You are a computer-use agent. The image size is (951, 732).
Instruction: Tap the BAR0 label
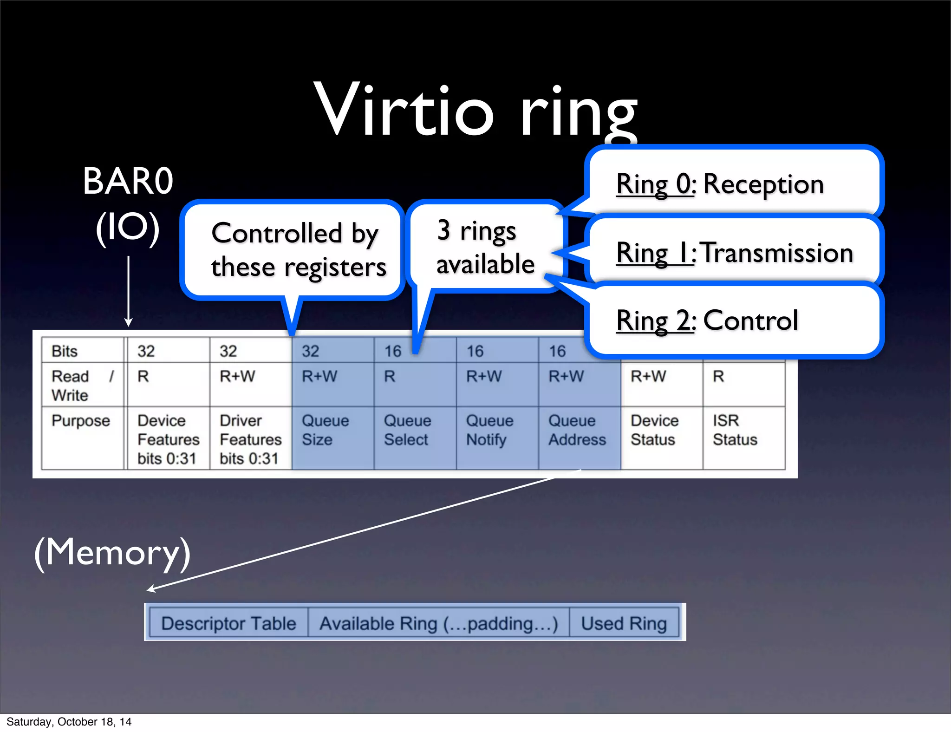128,181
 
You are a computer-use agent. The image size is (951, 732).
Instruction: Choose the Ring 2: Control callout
734,320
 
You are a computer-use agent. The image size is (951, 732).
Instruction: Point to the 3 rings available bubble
485,247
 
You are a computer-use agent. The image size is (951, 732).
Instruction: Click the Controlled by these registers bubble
297,250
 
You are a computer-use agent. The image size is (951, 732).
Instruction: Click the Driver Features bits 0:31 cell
250,438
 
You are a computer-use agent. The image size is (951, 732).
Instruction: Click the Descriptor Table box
228,623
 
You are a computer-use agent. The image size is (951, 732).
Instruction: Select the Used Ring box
624,623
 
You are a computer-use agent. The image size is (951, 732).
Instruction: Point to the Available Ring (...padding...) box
438,623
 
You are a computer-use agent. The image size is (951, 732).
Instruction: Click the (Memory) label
112,553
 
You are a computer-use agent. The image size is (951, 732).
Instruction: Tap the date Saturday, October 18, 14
69,722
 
